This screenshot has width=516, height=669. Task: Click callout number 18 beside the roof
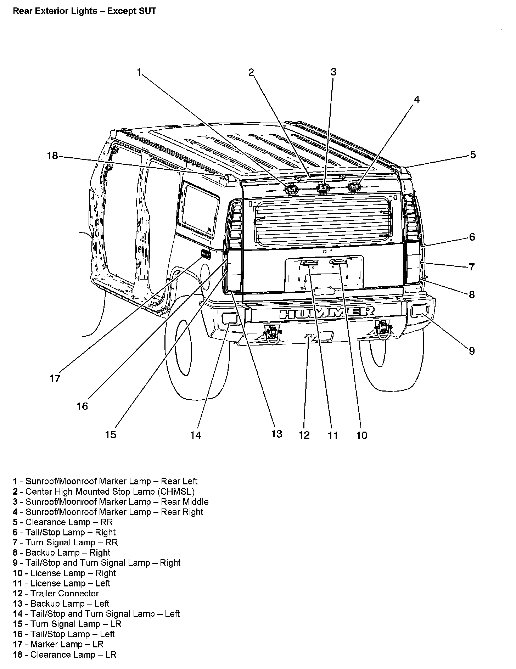(52, 156)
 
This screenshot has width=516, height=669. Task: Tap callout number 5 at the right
(473, 155)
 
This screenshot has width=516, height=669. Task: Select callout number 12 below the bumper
(304, 435)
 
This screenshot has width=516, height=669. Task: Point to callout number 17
(55, 378)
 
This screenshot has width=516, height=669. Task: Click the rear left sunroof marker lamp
(291, 190)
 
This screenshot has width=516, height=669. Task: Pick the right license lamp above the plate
(338, 262)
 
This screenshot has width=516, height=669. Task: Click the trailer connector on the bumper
(309, 336)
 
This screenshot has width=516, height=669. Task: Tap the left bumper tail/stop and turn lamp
(229, 318)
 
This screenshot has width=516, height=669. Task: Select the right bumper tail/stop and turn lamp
(420, 311)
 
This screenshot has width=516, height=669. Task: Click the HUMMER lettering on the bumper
(327, 313)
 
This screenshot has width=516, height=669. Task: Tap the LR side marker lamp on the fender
(206, 254)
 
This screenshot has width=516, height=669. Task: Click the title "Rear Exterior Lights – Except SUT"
(84, 11)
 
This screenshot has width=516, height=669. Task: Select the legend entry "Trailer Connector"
(56, 593)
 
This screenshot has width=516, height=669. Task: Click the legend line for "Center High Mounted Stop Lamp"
(104, 491)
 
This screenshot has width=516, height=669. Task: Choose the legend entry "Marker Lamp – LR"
(58, 644)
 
